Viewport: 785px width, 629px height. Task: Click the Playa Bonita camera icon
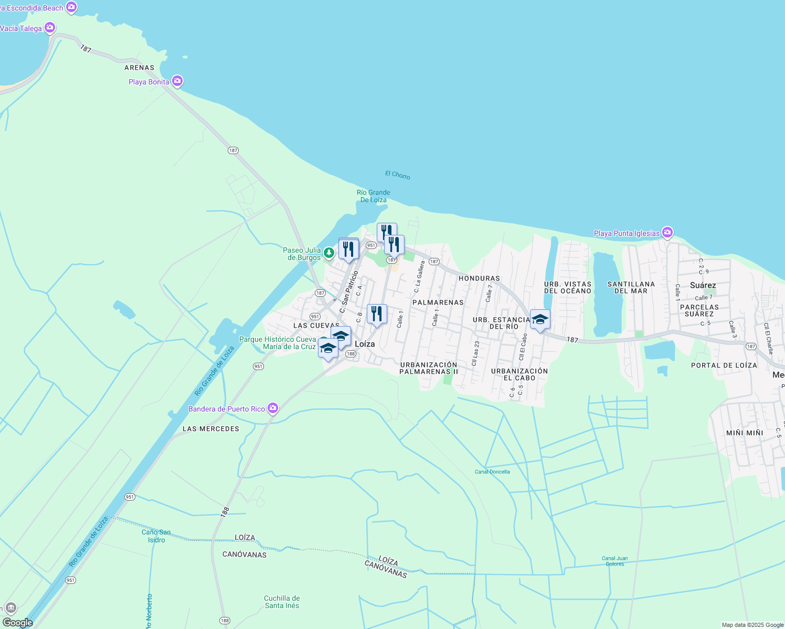[x=177, y=81]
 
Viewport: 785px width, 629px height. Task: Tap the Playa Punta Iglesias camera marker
[x=667, y=232]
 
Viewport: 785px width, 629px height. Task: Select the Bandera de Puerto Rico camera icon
[x=272, y=408]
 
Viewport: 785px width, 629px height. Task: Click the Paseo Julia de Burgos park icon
[x=328, y=253]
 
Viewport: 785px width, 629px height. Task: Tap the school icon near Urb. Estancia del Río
[x=540, y=319]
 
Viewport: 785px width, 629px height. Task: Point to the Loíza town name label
[x=365, y=344]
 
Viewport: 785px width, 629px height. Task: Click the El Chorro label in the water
[x=397, y=175]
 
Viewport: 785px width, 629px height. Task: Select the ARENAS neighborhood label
[x=139, y=68]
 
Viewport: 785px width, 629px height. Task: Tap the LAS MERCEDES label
[x=210, y=429]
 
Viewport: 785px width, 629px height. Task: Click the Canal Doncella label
[x=492, y=472]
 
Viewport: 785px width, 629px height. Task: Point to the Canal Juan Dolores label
[x=614, y=561]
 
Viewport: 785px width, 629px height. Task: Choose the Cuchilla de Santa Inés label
[x=282, y=602]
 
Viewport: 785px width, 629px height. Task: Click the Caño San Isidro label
[x=156, y=536]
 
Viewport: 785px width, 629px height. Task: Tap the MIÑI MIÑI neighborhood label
[x=745, y=432]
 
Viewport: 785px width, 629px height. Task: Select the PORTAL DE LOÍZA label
[x=724, y=365]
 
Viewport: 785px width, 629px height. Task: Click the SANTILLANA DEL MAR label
[x=631, y=287]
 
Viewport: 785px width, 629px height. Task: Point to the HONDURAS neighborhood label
[x=479, y=278]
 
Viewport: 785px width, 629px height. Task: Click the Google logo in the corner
[x=17, y=623]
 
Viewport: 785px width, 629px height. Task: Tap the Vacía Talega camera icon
[x=50, y=28]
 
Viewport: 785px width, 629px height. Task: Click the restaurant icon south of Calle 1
[x=376, y=314]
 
